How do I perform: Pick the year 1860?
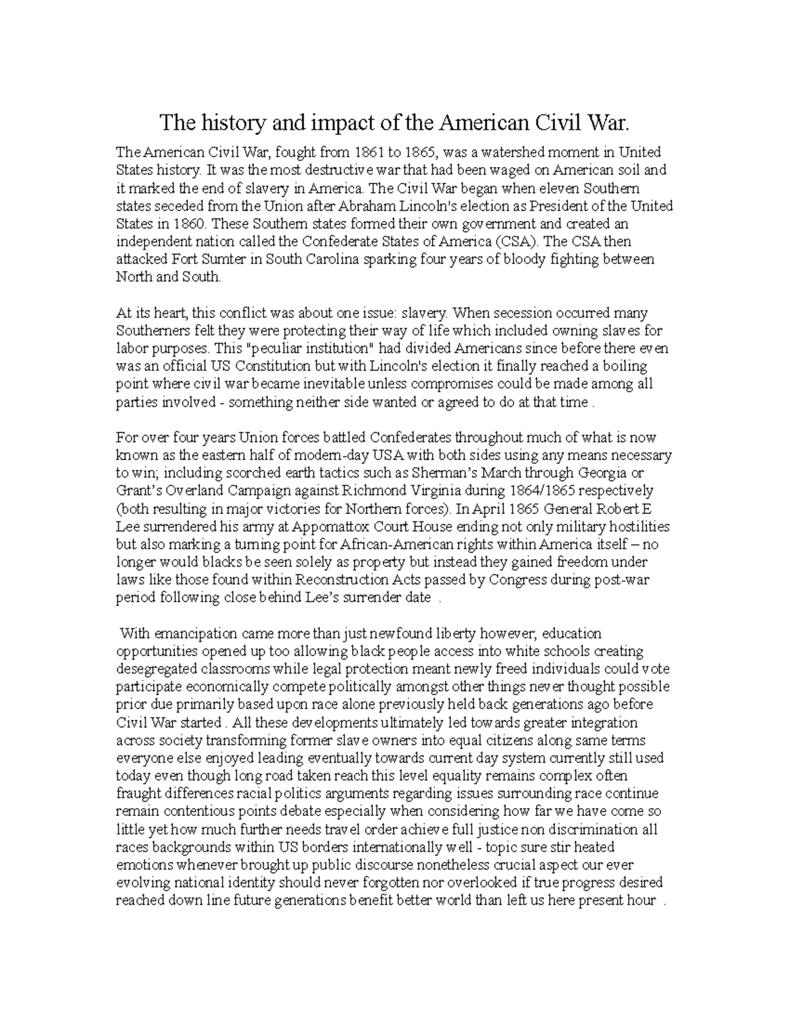pyautogui.click(x=190, y=224)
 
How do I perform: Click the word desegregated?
pyautogui.click(x=157, y=669)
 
